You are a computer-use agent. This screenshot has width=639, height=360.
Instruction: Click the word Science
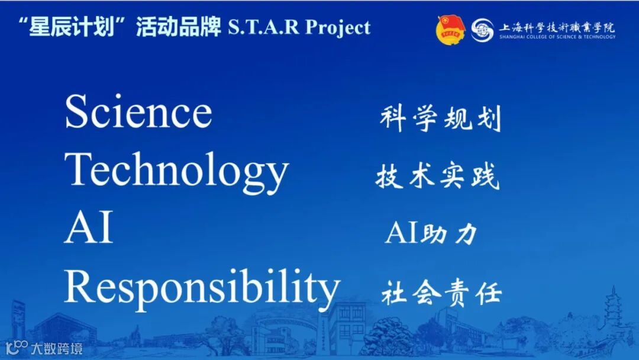(138, 111)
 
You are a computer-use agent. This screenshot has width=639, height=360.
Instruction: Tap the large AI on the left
(88, 227)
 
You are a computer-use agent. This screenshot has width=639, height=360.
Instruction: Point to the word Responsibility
(202, 290)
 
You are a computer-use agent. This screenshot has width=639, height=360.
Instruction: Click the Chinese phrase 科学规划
(440, 118)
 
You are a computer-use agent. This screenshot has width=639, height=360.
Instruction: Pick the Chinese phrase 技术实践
(438, 176)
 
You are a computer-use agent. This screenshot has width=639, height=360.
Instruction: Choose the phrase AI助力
(431, 233)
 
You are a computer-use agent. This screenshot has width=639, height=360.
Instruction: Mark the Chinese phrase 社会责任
(441, 292)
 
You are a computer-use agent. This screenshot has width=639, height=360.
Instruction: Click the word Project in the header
(338, 28)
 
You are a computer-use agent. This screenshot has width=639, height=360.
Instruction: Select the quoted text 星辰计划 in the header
(72, 27)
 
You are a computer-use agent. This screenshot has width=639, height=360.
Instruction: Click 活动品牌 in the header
(178, 27)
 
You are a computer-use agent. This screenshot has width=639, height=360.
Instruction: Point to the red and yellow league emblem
(451, 30)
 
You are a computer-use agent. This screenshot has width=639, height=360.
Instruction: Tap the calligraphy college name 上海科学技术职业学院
(557, 27)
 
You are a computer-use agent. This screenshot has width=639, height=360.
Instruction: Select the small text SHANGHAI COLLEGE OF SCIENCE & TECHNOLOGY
(557, 37)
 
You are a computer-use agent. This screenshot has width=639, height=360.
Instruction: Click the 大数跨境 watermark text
(57, 349)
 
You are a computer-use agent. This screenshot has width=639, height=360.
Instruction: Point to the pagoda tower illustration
(613, 309)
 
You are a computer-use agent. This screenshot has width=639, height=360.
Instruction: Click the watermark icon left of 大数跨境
(17, 348)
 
